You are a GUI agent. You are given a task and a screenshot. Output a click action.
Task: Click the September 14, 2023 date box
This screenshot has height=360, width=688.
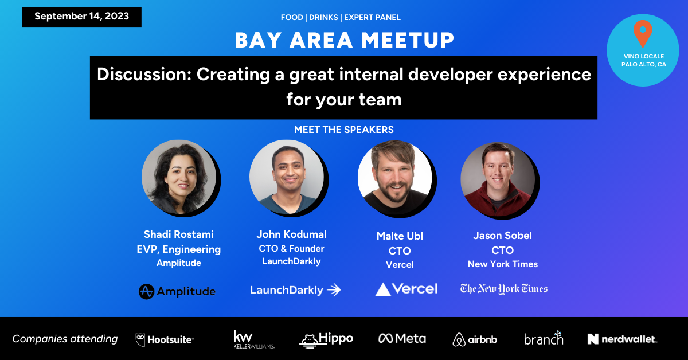(x=81, y=17)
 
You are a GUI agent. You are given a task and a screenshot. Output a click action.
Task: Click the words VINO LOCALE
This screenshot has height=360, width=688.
(x=644, y=57)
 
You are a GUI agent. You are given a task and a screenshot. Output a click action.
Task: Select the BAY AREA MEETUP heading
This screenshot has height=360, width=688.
(x=345, y=40)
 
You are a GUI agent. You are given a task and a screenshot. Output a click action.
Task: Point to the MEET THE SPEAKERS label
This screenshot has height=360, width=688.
(x=343, y=130)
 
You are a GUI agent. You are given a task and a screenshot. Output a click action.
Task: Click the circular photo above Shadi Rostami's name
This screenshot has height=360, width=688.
(x=179, y=177)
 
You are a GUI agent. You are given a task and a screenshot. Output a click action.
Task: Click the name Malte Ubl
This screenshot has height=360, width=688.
(x=400, y=236)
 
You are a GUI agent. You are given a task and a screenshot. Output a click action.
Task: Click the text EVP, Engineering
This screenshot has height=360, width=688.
(x=179, y=249)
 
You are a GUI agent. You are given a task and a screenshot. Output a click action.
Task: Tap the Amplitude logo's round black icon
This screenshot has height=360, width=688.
(x=146, y=292)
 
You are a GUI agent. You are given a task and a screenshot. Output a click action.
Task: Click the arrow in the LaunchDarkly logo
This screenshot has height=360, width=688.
(x=334, y=290)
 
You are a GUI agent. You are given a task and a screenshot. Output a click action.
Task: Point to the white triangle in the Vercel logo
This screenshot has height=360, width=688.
(x=383, y=289)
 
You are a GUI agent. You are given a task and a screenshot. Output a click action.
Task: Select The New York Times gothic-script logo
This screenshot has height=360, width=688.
(x=504, y=289)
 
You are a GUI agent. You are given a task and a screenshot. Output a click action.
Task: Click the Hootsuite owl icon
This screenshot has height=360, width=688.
(x=140, y=340)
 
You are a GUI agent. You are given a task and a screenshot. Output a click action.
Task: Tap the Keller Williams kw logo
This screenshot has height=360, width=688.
(x=253, y=339)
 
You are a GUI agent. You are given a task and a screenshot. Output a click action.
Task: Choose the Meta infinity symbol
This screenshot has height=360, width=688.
(x=385, y=338)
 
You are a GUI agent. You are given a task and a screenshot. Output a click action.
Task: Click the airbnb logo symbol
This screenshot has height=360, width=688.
(x=459, y=340)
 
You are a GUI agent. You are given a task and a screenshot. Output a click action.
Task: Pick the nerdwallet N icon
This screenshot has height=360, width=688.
(x=593, y=339)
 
